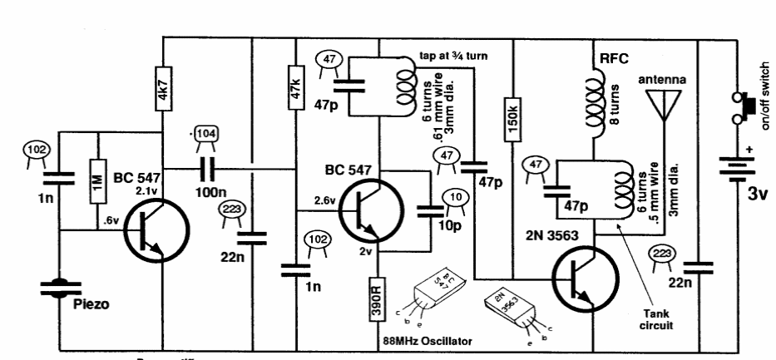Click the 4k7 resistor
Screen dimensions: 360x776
click(164, 101)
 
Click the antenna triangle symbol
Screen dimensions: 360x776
click(664, 104)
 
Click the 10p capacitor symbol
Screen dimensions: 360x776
click(432, 212)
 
